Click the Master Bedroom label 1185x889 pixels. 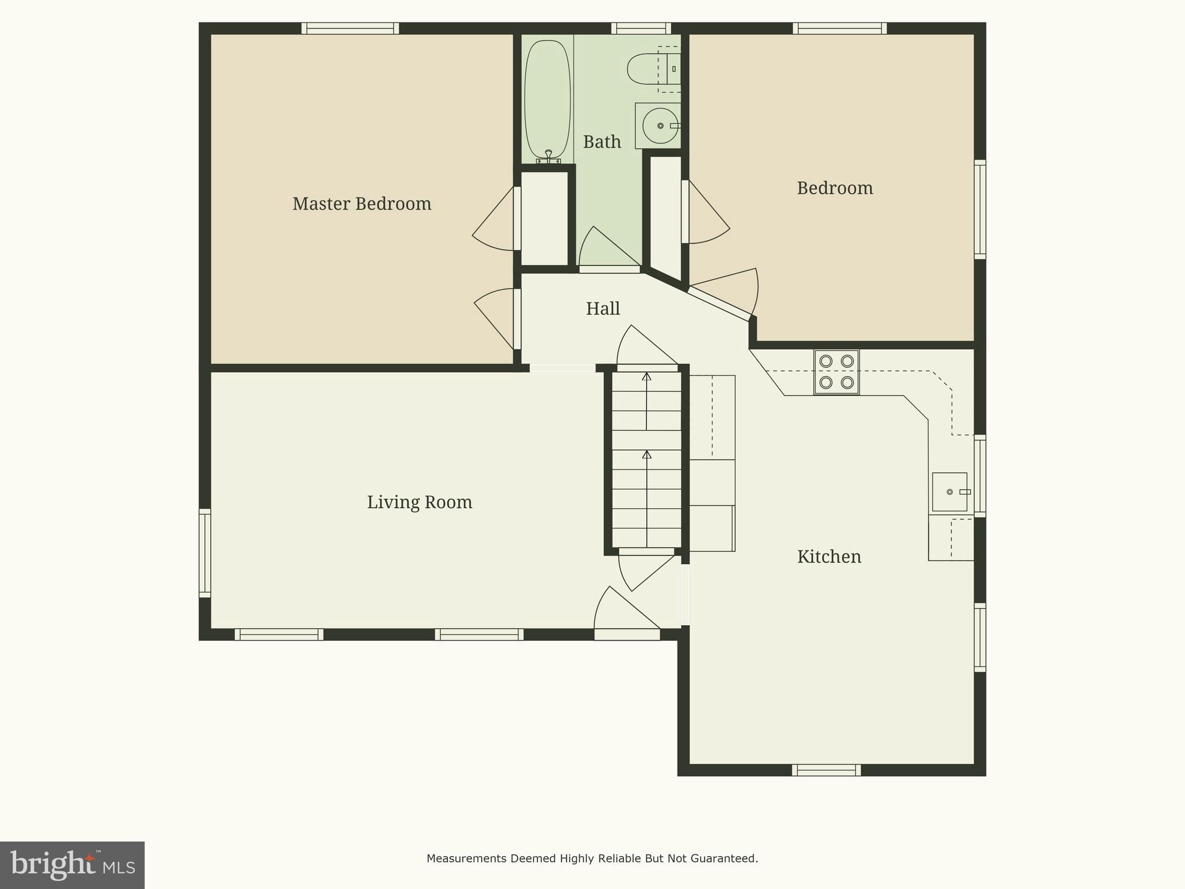pos(362,204)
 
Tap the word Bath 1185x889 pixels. pos(602,142)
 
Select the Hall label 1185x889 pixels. pos(603,308)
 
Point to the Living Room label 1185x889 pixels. pos(419,502)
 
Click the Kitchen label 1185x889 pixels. pos(829,557)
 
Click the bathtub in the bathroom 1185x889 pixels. pos(547,98)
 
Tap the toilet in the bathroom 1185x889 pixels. pos(651,69)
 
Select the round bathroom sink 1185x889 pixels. pos(660,126)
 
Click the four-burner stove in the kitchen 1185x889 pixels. pos(837,372)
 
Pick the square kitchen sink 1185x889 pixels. pos(950,492)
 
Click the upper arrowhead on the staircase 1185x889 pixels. pos(646,377)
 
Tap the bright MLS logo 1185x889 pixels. pos(72,865)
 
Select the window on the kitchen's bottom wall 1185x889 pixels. pos(826,770)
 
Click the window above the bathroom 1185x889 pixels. pos(641,28)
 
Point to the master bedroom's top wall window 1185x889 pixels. pos(350,28)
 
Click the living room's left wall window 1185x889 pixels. pos(205,553)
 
